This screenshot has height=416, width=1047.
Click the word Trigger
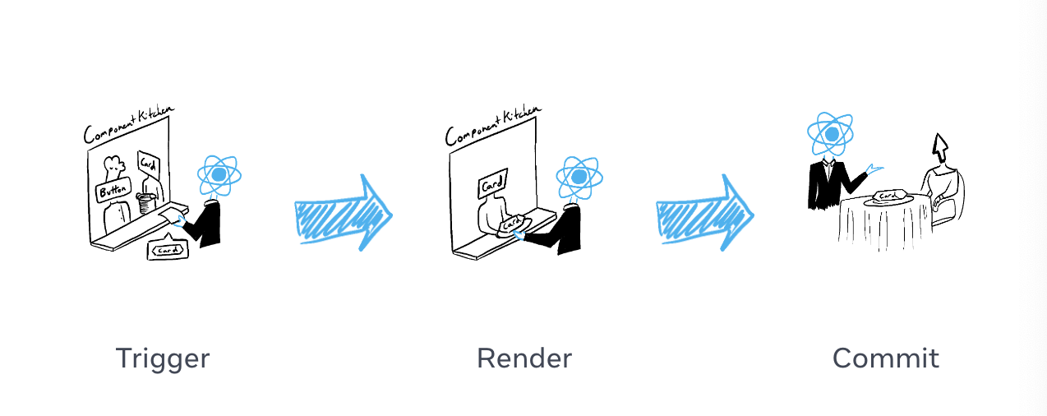(163, 358)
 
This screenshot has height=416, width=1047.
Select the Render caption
(523, 358)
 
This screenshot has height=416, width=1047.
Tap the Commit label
(885, 358)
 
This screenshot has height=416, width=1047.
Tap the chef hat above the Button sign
(115, 165)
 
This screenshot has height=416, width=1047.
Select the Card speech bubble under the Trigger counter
(168, 250)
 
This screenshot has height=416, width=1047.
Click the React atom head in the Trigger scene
(219, 176)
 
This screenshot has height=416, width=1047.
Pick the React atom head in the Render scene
(579, 178)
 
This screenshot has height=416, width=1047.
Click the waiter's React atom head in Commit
(831, 134)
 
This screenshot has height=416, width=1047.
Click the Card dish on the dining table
(888, 196)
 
